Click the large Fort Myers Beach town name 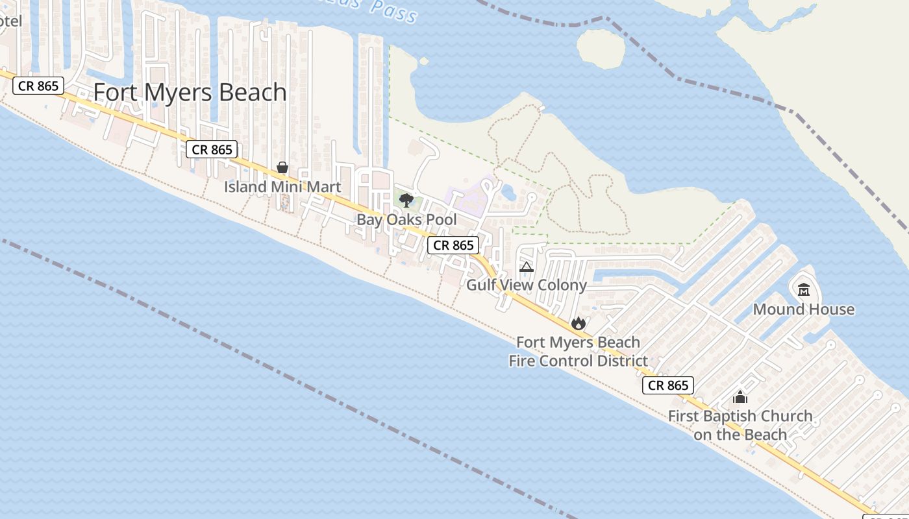[x=190, y=92]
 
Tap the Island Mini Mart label [x=282, y=187]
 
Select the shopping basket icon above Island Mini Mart [x=282, y=167]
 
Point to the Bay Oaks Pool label [x=406, y=220]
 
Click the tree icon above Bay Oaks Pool [x=406, y=200]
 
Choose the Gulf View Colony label [x=527, y=285]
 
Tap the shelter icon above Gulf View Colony [x=527, y=267]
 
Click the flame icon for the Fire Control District [x=578, y=323]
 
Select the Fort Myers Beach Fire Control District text [x=578, y=352]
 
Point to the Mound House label [x=804, y=309]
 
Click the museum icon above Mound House [x=804, y=289]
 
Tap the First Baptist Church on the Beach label [x=740, y=425]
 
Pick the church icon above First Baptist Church [x=740, y=397]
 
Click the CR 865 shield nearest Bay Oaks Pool [x=453, y=245]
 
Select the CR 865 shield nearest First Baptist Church [x=668, y=385]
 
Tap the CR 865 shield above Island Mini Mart [x=212, y=150]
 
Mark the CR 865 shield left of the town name [x=38, y=86]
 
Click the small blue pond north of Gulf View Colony [x=508, y=192]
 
